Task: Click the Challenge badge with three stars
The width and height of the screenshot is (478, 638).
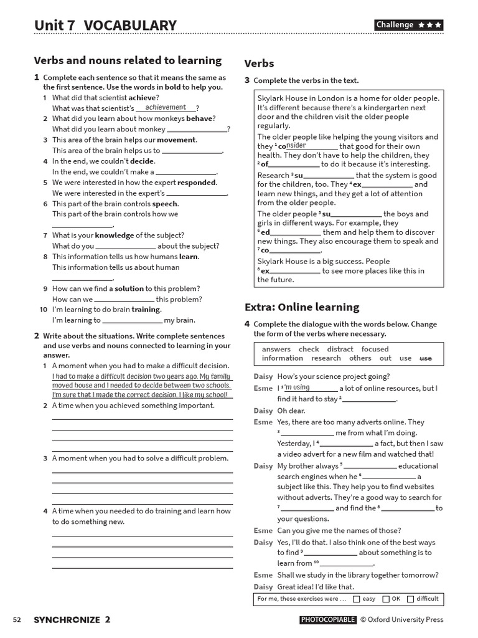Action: click(x=409, y=25)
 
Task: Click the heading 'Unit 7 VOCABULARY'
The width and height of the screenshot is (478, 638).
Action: click(x=105, y=25)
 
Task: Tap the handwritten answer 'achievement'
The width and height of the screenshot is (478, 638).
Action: click(x=166, y=107)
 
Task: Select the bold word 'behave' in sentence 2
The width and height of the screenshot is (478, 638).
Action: click(x=199, y=118)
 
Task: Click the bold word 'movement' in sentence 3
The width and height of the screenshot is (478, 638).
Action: click(x=176, y=140)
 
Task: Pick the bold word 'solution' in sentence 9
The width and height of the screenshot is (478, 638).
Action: click(x=129, y=288)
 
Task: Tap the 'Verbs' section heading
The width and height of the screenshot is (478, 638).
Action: click(x=259, y=64)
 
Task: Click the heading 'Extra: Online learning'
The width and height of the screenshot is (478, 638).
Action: click(x=302, y=307)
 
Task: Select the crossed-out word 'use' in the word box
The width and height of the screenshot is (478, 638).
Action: click(x=426, y=358)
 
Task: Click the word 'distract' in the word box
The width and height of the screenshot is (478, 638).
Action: click(x=340, y=350)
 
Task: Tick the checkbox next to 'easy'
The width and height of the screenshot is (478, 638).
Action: click(x=356, y=599)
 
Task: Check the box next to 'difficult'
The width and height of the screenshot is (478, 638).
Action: click(x=410, y=599)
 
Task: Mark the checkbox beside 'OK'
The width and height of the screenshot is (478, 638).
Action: click(x=386, y=599)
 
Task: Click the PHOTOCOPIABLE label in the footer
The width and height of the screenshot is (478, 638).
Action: click(x=328, y=620)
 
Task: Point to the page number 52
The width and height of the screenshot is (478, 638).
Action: click(x=17, y=620)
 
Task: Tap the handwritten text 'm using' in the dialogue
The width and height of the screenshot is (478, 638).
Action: click(x=296, y=388)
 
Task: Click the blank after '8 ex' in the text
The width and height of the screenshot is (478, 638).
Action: click(x=295, y=271)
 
